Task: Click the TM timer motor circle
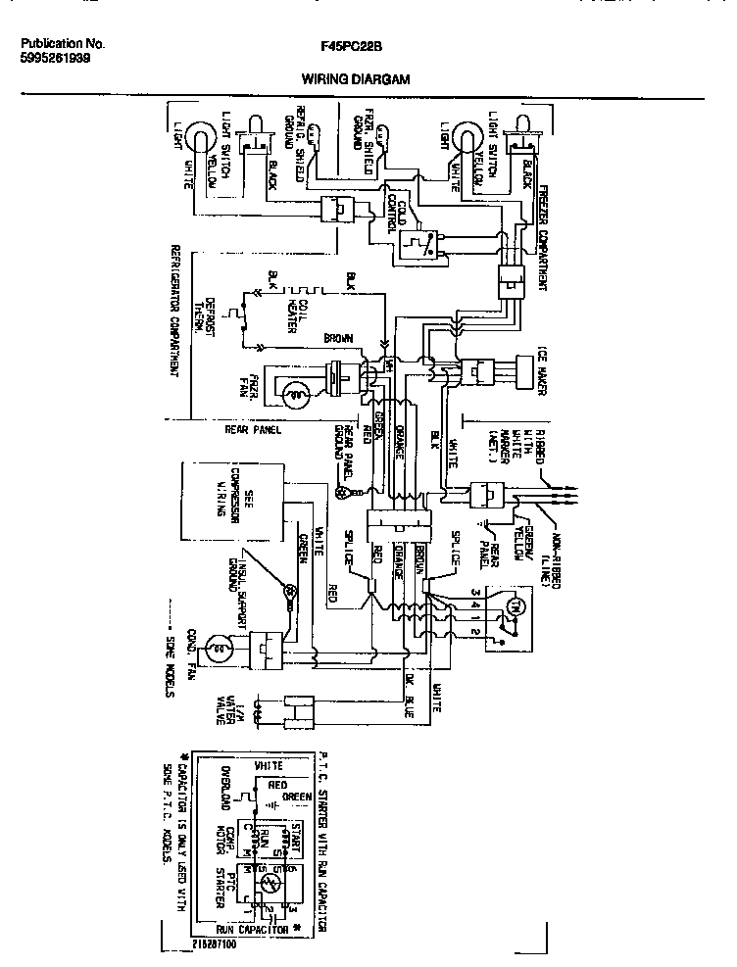(511, 607)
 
